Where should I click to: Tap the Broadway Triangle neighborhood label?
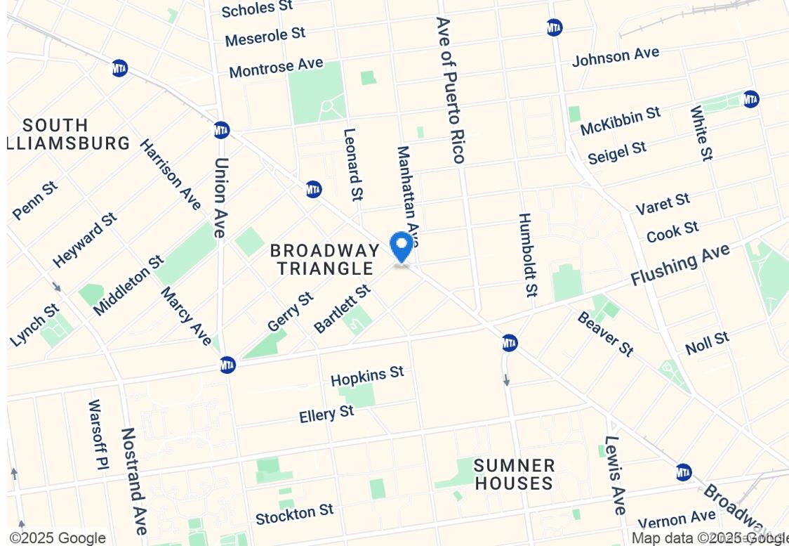coord(325,259)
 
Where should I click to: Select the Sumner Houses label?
coord(514,474)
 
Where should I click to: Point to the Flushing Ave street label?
coord(679,264)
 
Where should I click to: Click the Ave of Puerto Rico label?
coord(451,90)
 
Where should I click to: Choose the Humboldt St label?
coord(528,254)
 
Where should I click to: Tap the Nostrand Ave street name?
coord(133,481)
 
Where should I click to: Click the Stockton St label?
coord(294,515)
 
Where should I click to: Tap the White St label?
coord(701,133)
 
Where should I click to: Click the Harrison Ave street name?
coord(170,174)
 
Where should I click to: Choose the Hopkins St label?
coord(367,376)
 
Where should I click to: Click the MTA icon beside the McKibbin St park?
coord(750,99)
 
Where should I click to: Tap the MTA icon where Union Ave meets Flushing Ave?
coord(227,365)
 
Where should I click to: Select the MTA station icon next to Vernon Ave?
coord(684,472)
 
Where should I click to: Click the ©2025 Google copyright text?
coord(58,538)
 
